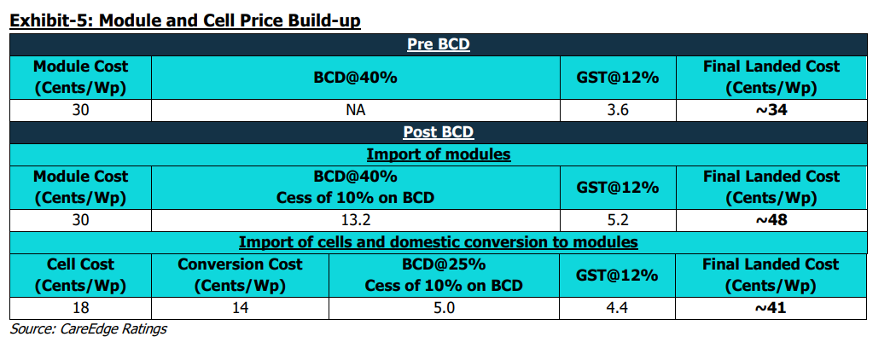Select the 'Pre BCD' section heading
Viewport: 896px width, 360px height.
(438, 44)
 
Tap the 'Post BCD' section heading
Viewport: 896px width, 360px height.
(438, 132)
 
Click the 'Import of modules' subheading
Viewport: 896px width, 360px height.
(438, 154)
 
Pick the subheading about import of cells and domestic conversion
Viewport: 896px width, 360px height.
(438, 242)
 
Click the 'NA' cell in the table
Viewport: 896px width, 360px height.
(355, 109)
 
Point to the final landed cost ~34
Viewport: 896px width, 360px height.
(771, 109)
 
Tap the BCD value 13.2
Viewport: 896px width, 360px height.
(355, 219)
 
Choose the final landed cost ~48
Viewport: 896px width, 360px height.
(771, 219)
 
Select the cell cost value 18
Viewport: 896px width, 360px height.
(80, 308)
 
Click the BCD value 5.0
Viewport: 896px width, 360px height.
(443, 308)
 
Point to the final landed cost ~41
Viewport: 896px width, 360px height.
(771, 308)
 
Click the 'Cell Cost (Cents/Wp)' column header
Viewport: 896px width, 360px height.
(80, 275)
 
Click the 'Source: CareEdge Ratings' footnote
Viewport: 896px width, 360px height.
(88, 329)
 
